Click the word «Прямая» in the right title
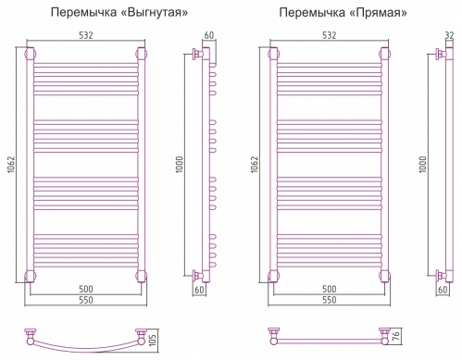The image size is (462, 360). (380, 12)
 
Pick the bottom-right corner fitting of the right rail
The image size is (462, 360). (381, 274)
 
